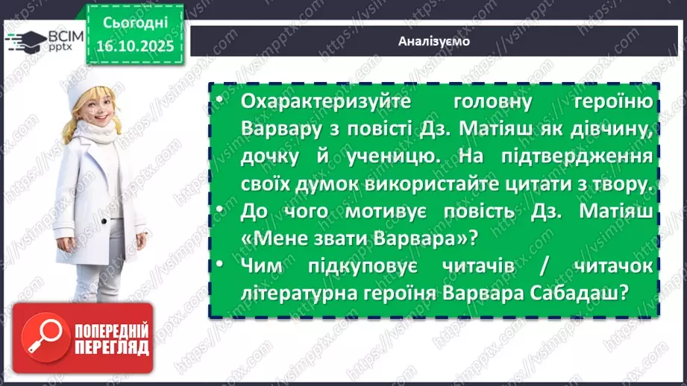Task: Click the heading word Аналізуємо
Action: pos(434,42)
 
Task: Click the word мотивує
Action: pos(387,212)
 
